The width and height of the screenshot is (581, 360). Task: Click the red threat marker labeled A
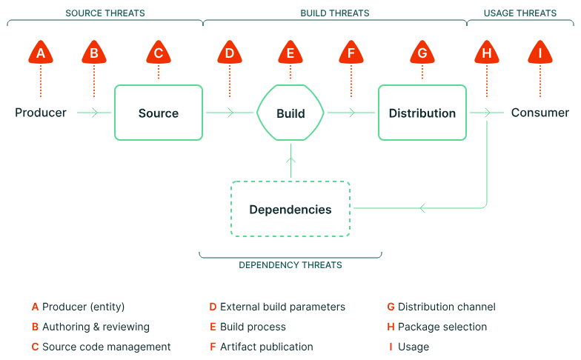pos(41,53)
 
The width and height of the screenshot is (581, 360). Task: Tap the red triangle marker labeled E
pos(290,53)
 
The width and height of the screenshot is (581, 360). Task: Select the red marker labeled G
pos(422,53)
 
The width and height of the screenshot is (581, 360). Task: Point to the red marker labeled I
pos(540,53)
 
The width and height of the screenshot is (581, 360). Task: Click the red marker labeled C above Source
pos(159,53)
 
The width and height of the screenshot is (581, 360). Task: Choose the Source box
pos(159,113)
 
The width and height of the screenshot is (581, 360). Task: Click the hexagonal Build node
pos(290,113)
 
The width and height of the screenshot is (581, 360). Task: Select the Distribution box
pos(422,113)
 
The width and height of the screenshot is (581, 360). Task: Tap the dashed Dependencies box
pos(290,209)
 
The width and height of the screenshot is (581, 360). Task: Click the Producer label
pos(41,113)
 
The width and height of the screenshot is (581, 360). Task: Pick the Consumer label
pos(540,113)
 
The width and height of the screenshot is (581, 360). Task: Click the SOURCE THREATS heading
pos(105,13)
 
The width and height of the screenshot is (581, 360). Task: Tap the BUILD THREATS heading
pos(335,13)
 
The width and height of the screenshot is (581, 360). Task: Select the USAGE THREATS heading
pos(519,13)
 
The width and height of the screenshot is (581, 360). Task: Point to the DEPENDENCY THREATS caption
pos(290,264)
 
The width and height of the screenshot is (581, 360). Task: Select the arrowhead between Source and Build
pos(230,113)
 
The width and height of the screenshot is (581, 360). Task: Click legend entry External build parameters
pos(282,307)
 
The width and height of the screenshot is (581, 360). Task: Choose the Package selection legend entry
pos(442,327)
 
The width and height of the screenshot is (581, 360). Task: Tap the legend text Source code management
pos(106,347)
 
